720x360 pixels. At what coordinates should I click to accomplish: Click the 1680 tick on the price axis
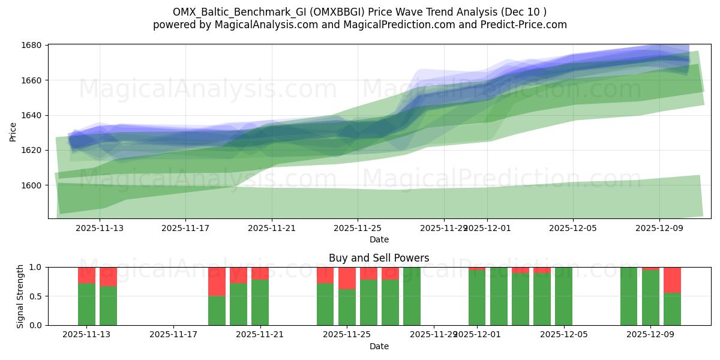click(32, 45)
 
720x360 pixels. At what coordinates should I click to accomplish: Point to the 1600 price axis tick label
click(32, 185)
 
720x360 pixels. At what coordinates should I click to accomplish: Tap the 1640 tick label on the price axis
click(32, 115)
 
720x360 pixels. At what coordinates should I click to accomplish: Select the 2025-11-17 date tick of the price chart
click(185, 228)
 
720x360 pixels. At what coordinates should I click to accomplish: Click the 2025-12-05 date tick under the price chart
click(573, 228)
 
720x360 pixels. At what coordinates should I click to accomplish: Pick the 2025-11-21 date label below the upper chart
click(272, 228)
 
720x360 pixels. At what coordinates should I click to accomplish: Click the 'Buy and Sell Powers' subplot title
click(379, 259)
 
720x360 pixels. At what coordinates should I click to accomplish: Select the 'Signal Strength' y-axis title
click(20, 296)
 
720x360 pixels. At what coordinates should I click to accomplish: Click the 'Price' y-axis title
click(13, 131)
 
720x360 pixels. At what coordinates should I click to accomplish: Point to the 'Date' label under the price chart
click(379, 239)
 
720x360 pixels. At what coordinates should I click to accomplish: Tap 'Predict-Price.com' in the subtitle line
click(525, 25)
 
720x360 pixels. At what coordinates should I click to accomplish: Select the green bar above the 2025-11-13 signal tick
click(87, 304)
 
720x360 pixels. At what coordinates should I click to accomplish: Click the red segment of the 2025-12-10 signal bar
click(672, 280)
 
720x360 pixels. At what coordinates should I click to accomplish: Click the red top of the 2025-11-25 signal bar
click(347, 278)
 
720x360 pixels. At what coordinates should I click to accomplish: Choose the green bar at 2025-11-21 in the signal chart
click(260, 302)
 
